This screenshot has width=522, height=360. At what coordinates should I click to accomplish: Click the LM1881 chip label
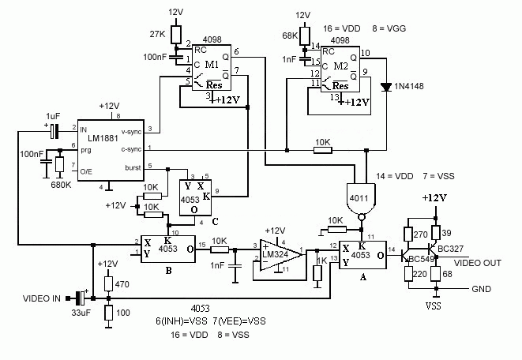tap(103, 137)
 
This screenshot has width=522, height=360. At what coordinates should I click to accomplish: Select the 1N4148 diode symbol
tap(386, 87)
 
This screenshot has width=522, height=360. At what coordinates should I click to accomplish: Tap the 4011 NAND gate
tap(361, 199)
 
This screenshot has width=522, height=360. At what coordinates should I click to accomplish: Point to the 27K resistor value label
tap(157, 34)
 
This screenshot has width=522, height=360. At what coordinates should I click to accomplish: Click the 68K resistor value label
tap(290, 36)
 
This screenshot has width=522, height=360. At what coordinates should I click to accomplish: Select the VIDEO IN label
tap(42, 298)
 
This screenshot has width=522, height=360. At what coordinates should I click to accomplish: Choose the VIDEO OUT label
tap(478, 263)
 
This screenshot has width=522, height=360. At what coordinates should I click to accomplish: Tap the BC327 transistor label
tap(450, 249)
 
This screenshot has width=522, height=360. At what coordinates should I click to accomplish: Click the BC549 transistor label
tap(422, 259)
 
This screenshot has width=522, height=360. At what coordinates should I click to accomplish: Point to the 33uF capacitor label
tap(81, 313)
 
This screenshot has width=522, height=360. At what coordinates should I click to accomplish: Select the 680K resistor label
tap(61, 185)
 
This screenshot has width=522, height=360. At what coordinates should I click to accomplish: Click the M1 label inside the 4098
tap(212, 64)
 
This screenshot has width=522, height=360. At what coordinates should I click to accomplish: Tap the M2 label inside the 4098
tap(340, 66)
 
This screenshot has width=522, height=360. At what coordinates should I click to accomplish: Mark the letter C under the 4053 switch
tap(216, 222)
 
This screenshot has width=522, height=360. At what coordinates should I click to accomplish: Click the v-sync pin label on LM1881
tap(131, 131)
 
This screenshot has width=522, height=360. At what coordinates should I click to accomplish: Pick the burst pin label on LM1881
tap(133, 167)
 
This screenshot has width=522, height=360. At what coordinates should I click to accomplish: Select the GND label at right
tap(482, 289)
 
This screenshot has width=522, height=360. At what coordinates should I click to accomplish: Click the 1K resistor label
tap(321, 261)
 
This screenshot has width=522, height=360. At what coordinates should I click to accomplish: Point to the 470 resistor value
tap(122, 284)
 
